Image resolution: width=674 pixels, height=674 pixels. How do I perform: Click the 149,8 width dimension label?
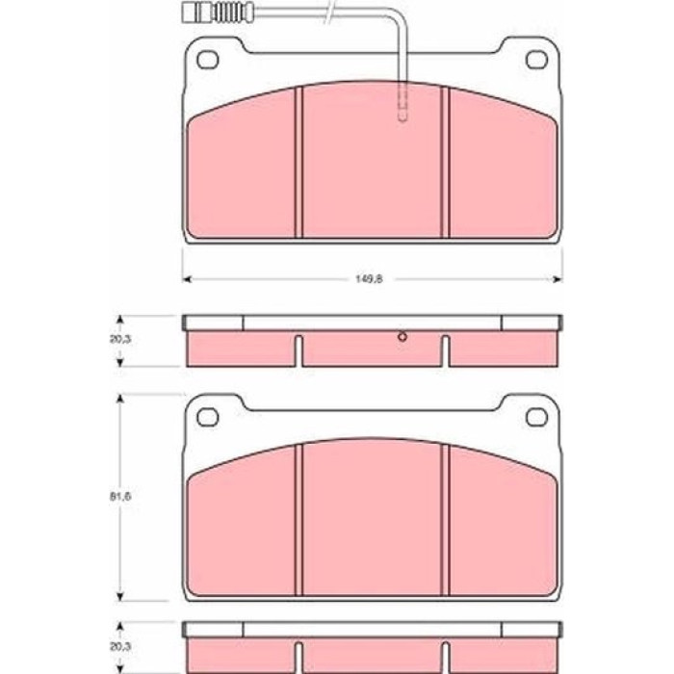(369, 279)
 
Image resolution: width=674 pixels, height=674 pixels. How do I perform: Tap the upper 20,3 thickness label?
(120, 339)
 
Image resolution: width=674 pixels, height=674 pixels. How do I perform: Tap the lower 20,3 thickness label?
(120, 646)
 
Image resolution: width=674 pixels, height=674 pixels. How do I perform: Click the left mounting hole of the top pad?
(208, 60)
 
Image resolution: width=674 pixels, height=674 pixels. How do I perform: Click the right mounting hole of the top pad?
(537, 60)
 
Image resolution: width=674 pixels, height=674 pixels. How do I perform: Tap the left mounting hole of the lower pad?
(208, 417)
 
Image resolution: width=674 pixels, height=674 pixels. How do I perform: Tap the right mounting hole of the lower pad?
(537, 417)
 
